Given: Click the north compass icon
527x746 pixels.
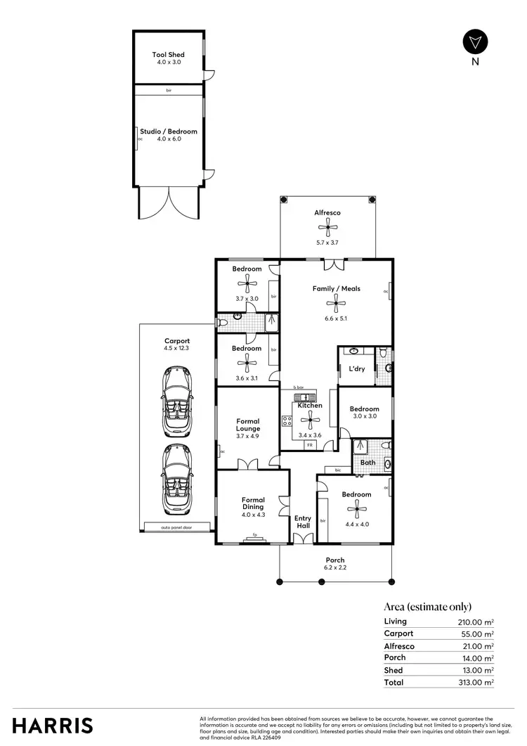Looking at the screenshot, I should [475, 41].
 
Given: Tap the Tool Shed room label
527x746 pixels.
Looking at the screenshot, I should [169, 54].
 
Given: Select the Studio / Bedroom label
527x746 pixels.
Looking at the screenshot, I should [169, 131].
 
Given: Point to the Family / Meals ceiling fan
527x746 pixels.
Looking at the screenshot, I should [336, 303].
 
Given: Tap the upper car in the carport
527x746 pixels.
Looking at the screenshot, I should [177, 401].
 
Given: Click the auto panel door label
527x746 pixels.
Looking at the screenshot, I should [176, 527].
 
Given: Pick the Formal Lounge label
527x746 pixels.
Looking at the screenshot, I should [248, 425].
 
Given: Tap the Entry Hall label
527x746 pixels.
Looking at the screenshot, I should [303, 522].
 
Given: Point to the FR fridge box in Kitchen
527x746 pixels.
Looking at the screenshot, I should [309, 445].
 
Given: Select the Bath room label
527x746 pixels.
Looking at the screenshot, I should [368, 462].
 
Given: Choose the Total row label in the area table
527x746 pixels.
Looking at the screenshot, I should [394, 682].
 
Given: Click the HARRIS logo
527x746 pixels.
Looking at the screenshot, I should [52, 725].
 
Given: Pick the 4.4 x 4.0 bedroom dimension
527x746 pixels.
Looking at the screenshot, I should [356, 504].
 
